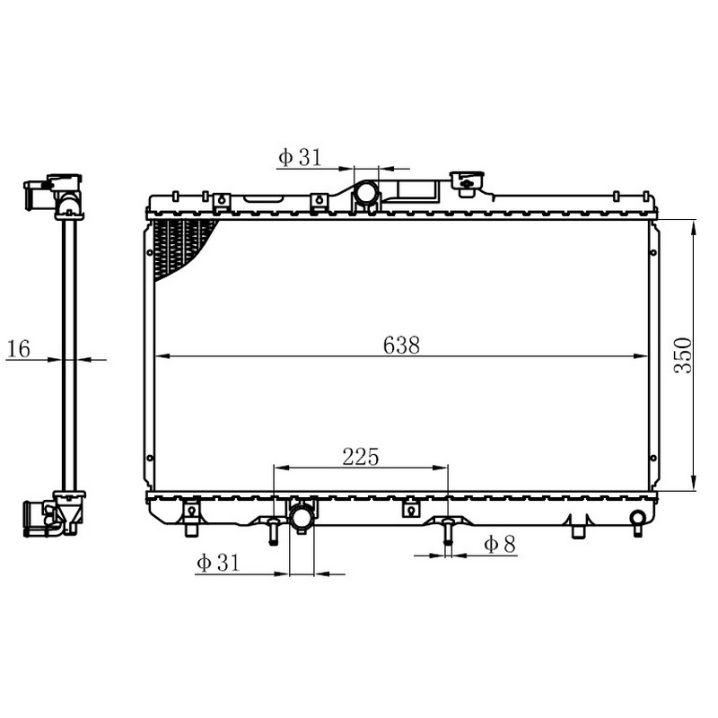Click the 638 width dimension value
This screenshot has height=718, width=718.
[x=401, y=346]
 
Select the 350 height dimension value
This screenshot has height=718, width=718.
[x=683, y=355]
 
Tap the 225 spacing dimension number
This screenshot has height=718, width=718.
[x=361, y=457]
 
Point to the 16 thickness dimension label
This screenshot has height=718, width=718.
[x=19, y=348]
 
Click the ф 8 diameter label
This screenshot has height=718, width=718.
[x=500, y=544]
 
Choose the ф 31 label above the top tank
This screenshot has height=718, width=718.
[x=300, y=157]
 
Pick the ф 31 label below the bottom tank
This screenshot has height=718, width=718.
[x=218, y=563]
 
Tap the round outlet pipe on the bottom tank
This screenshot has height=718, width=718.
[x=302, y=517]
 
